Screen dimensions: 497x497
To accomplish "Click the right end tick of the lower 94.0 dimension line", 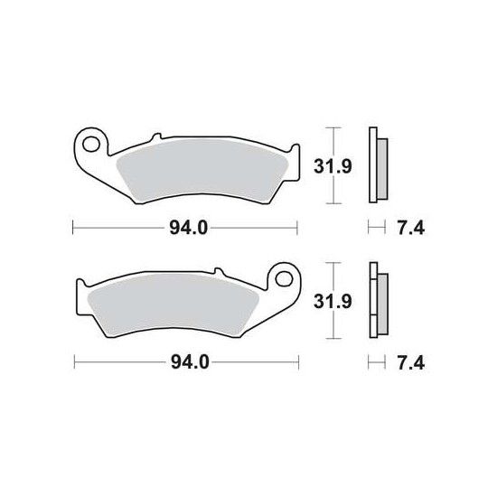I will [302, 364].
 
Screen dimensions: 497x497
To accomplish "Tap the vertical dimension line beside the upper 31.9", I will [335, 167].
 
